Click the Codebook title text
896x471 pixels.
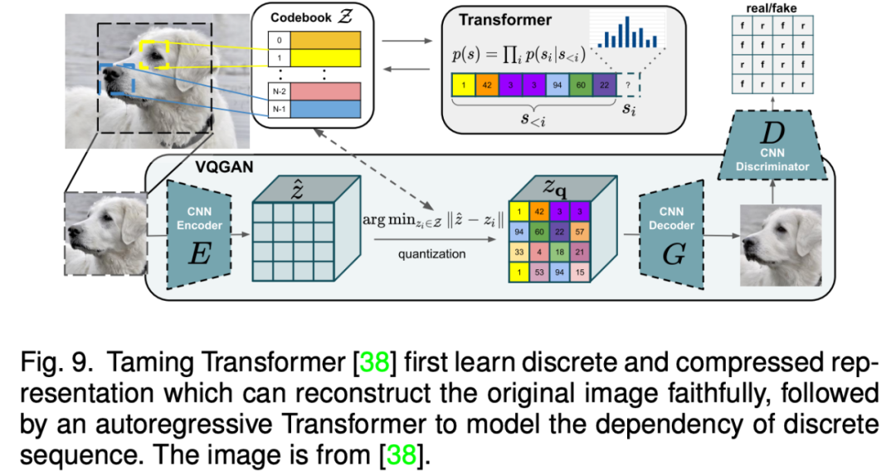click(x=298, y=16)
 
